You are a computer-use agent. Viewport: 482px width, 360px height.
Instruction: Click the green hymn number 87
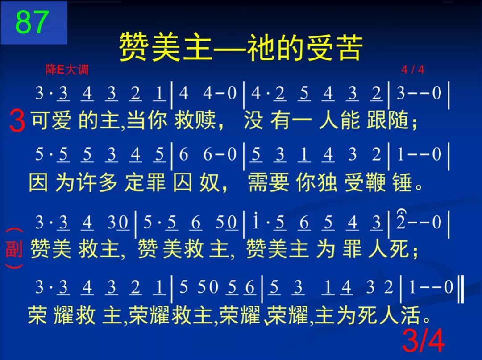[32, 22]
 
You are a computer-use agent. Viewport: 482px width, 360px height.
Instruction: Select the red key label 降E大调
[67, 70]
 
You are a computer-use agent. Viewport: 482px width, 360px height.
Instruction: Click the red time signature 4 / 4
[412, 70]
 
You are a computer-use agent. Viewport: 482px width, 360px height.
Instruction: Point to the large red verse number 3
[17, 121]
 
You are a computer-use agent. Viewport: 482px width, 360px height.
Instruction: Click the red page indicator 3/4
[423, 341]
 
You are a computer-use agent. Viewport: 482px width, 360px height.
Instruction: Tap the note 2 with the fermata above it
[400, 222]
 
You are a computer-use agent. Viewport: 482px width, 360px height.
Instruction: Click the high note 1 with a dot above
[255, 222]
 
